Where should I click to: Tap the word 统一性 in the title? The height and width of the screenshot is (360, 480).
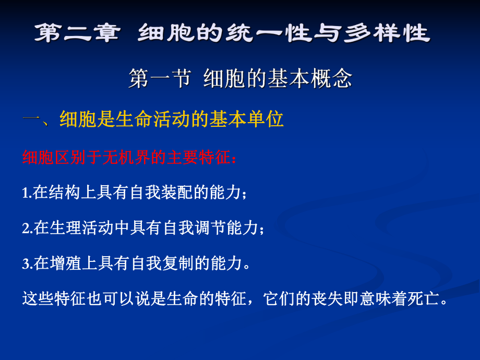[289, 34]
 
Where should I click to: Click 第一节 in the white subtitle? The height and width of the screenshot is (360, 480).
[159, 79]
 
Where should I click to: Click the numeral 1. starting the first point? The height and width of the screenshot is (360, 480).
[27, 194]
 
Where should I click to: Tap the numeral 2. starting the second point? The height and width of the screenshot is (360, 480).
[27, 229]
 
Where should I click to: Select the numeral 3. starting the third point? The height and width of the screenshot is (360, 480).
[27, 264]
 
